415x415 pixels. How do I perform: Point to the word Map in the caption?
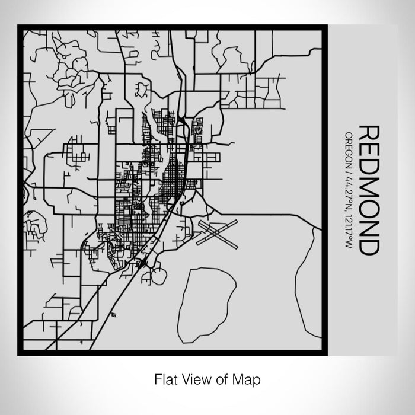click(248, 378)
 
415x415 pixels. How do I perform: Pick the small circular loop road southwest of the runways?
click(158, 276)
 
